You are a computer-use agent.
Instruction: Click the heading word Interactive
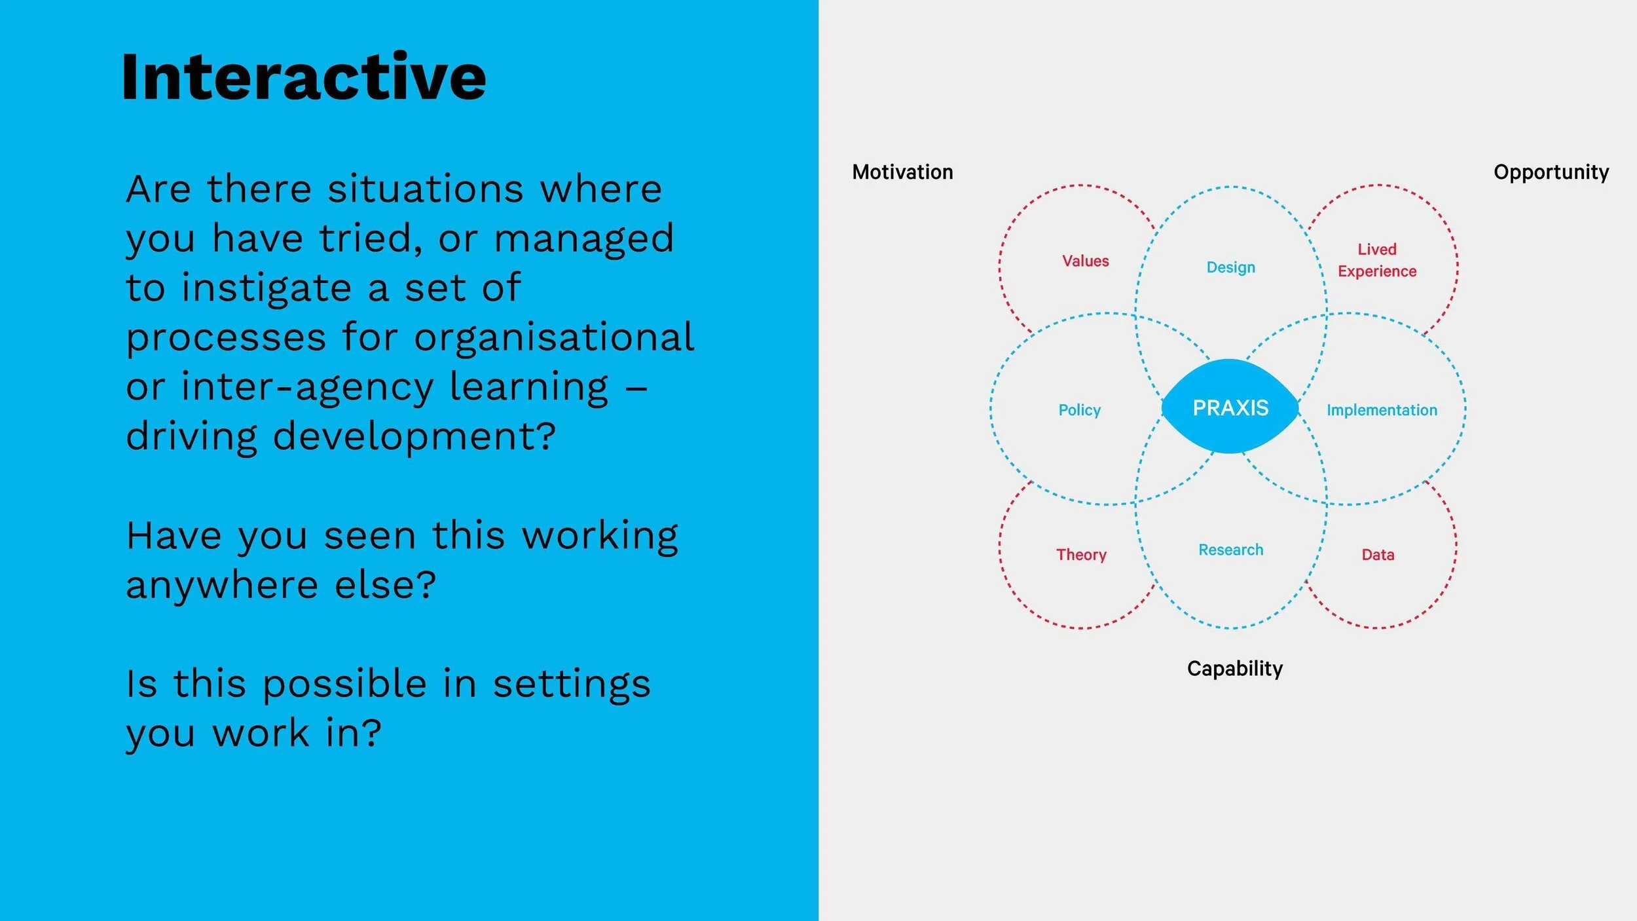click(x=303, y=77)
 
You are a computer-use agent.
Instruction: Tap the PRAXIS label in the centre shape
click(x=1230, y=408)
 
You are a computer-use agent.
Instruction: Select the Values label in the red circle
click(x=1085, y=261)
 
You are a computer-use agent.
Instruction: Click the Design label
click(x=1230, y=267)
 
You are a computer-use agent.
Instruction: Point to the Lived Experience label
click(x=1376, y=260)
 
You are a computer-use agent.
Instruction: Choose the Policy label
click(x=1079, y=410)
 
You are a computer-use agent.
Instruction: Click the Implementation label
click(x=1382, y=410)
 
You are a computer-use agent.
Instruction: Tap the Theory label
click(x=1081, y=555)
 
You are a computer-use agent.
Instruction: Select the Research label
click(x=1230, y=550)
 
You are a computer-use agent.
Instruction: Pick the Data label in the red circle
click(x=1378, y=555)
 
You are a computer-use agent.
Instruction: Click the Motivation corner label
click(x=902, y=172)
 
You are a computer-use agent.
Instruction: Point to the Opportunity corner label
click(x=1551, y=172)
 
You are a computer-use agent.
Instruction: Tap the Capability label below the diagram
click(x=1234, y=669)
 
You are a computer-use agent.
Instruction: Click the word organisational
click(x=554, y=337)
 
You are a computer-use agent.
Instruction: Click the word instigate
click(x=267, y=288)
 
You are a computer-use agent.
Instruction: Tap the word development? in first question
click(x=414, y=436)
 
